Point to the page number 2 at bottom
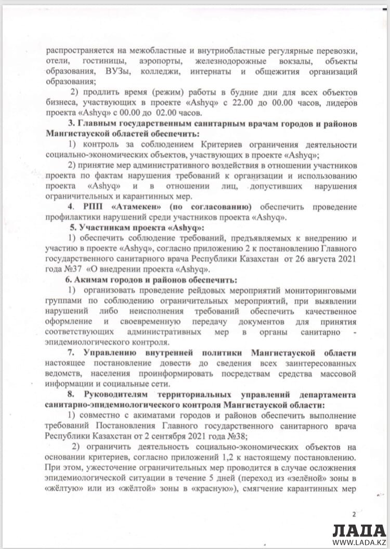click(x=354, y=514)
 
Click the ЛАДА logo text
click(x=359, y=530)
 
